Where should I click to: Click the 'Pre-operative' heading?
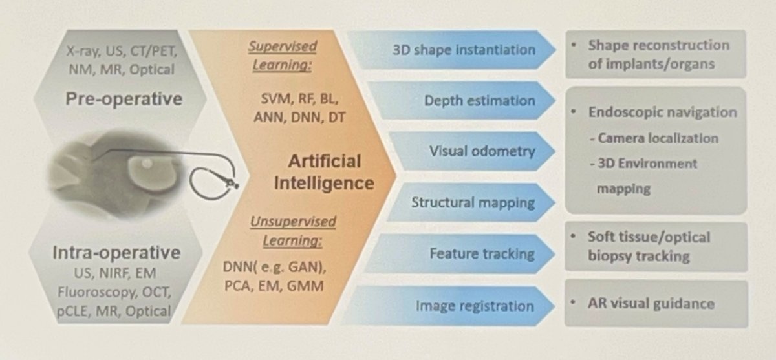(124, 100)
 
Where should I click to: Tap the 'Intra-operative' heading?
(116, 253)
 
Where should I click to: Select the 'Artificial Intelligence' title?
(324, 173)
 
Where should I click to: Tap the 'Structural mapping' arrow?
(471, 202)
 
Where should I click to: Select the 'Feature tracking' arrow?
(460, 254)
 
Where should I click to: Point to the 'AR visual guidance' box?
(656, 304)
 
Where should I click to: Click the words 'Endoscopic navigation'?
(662, 112)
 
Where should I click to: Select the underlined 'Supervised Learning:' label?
(283, 56)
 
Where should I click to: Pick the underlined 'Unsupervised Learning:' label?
(293, 231)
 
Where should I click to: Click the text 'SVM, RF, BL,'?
(299, 100)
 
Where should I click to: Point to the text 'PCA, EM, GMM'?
(274, 286)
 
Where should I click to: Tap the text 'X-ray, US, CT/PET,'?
(122, 51)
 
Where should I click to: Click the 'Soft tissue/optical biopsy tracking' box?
(656, 247)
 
